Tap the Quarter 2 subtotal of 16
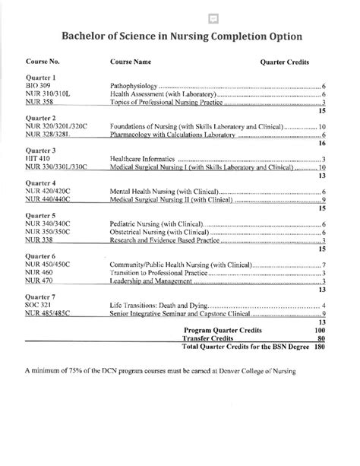tap(321, 143)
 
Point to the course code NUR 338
tap(39, 242)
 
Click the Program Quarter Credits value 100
tap(320, 331)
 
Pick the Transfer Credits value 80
tap(321, 339)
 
